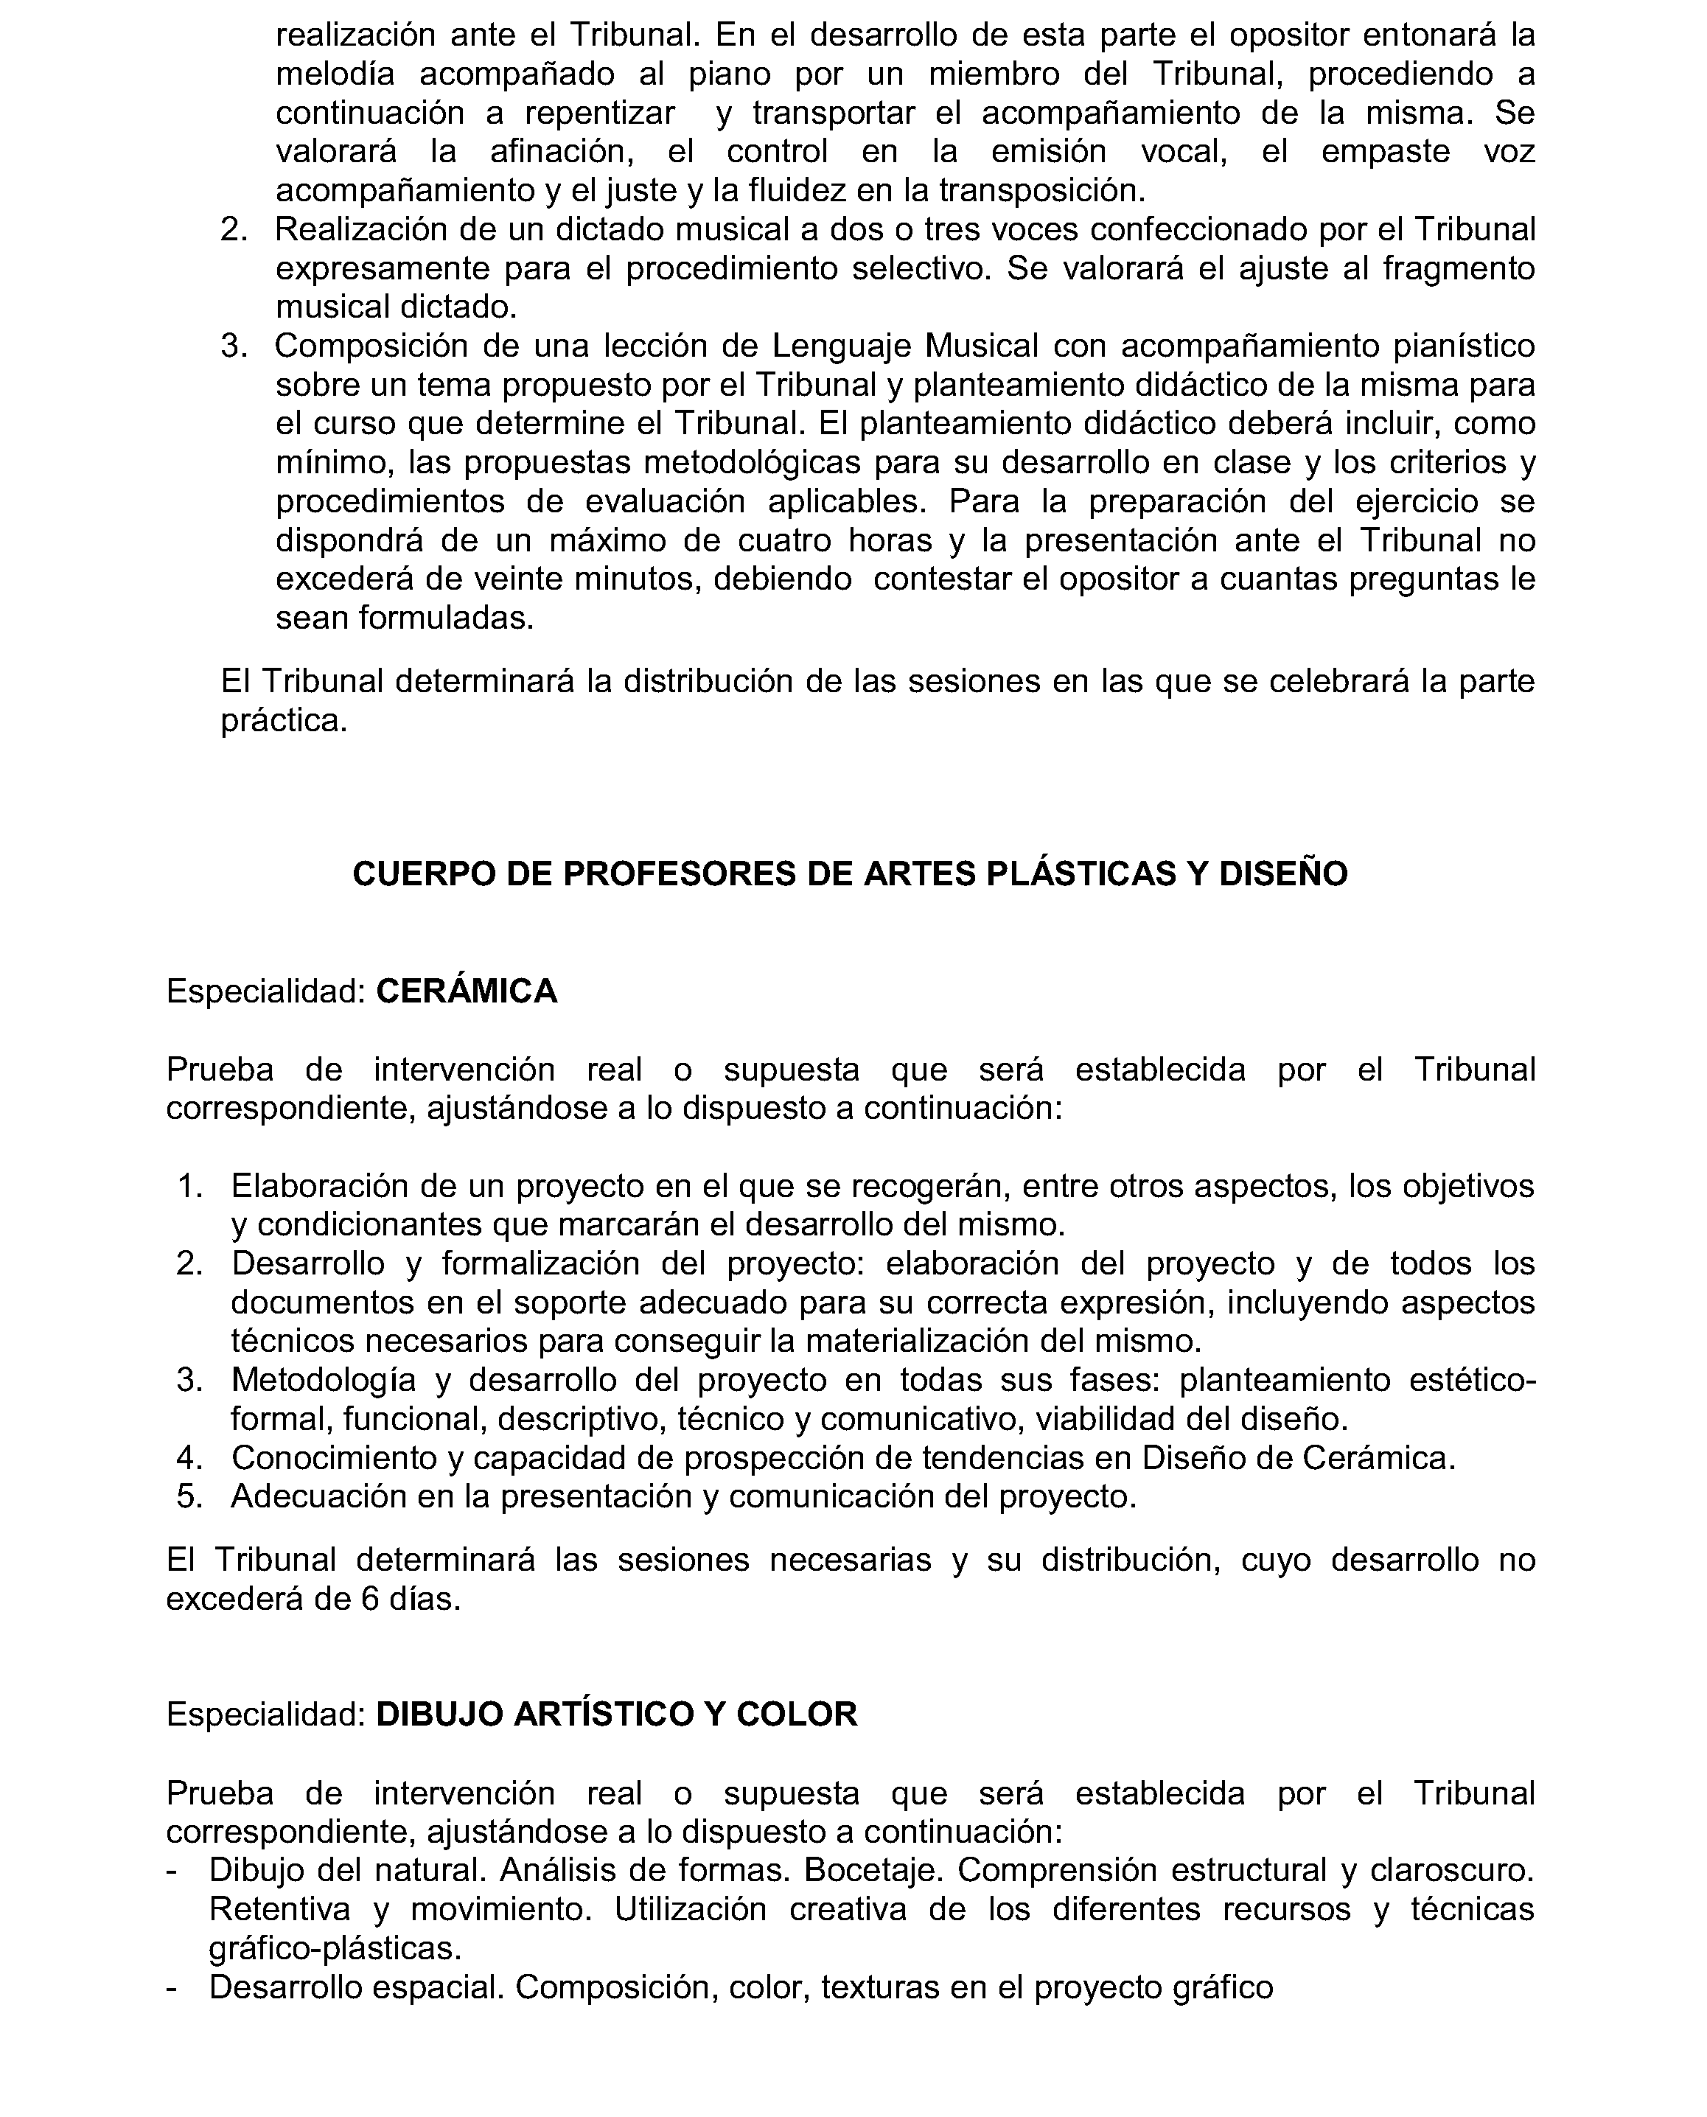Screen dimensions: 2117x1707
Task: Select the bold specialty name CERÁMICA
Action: pos(467,991)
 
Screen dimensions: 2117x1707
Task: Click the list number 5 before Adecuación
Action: pos(189,1496)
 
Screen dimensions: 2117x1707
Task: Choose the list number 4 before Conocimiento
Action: pos(189,1457)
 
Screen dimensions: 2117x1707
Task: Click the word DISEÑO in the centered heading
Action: pos(1283,873)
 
